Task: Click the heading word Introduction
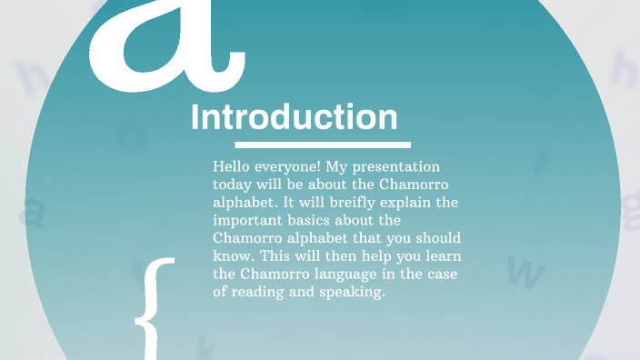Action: coord(294,118)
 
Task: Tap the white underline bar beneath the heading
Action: coord(323,145)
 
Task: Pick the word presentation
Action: coord(400,168)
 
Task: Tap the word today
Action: coord(232,185)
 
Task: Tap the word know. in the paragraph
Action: coord(232,255)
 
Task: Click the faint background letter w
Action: coord(525,270)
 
